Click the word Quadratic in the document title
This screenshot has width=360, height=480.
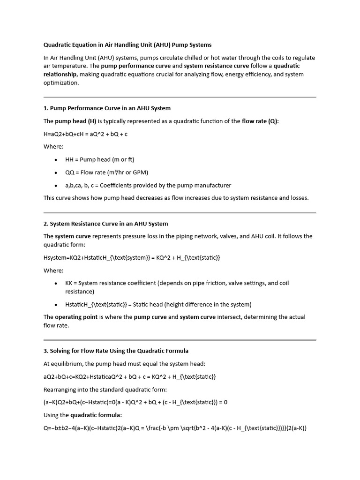(x=58, y=45)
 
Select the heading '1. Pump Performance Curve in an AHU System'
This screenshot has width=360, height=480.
(x=107, y=108)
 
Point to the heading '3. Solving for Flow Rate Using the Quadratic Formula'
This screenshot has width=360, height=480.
(x=116, y=351)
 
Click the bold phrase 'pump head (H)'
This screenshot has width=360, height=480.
(x=75, y=121)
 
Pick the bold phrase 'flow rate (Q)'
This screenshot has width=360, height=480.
(x=260, y=121)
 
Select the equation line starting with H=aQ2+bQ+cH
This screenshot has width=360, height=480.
(x=85, y=134)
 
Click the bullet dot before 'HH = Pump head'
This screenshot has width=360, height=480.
(x=56, y=160)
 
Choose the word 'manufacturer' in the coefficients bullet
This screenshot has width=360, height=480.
(x=212, y=185)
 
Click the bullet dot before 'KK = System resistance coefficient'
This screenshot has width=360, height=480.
(x=56, y=284)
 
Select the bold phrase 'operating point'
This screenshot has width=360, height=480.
(x=76, y=317)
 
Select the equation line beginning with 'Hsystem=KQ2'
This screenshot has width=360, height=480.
(x=132, y=258)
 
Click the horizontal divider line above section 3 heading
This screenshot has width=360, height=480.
(x=180, y=340)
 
